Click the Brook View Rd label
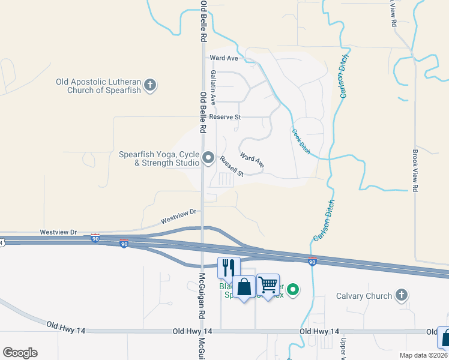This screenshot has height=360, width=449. pyautogui.click(x=414, y=171)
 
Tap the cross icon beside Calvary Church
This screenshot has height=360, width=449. pyautogui.click(x=402, y=295)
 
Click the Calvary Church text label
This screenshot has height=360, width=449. pyautogui.click(x=364, y=295)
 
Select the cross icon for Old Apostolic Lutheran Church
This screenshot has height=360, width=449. pyautogui.click(x=150, y=86)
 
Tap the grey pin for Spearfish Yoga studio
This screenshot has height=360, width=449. pyautogui.click(x=208, y=158)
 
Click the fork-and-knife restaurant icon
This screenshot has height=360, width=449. pyautogui.click(x=229, y=268)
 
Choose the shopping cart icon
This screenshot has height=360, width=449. pyautogui.click(x=268, y=284)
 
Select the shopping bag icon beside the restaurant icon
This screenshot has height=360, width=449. pyautogui.click(x=245, y=287)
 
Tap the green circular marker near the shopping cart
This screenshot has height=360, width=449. pyautogui.click(x=293, y=290)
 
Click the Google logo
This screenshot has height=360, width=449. pyautogui.click(x=20, y=353)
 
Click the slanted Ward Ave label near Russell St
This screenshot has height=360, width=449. pyautogui.click(x=252, y=160)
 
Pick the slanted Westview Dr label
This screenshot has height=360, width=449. pyautogui.click(x=179, y=217)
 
